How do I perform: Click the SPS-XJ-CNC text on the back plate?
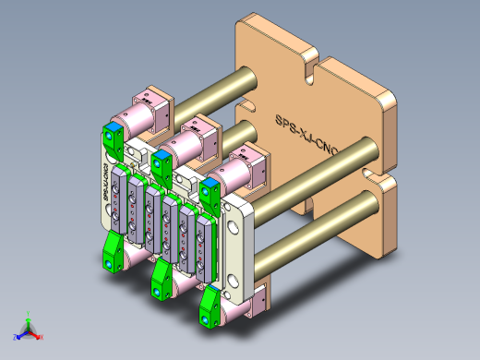[x=307, y=136]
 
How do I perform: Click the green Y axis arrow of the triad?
[x=28, y=317]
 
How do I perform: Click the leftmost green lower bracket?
[x=114, y=251]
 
